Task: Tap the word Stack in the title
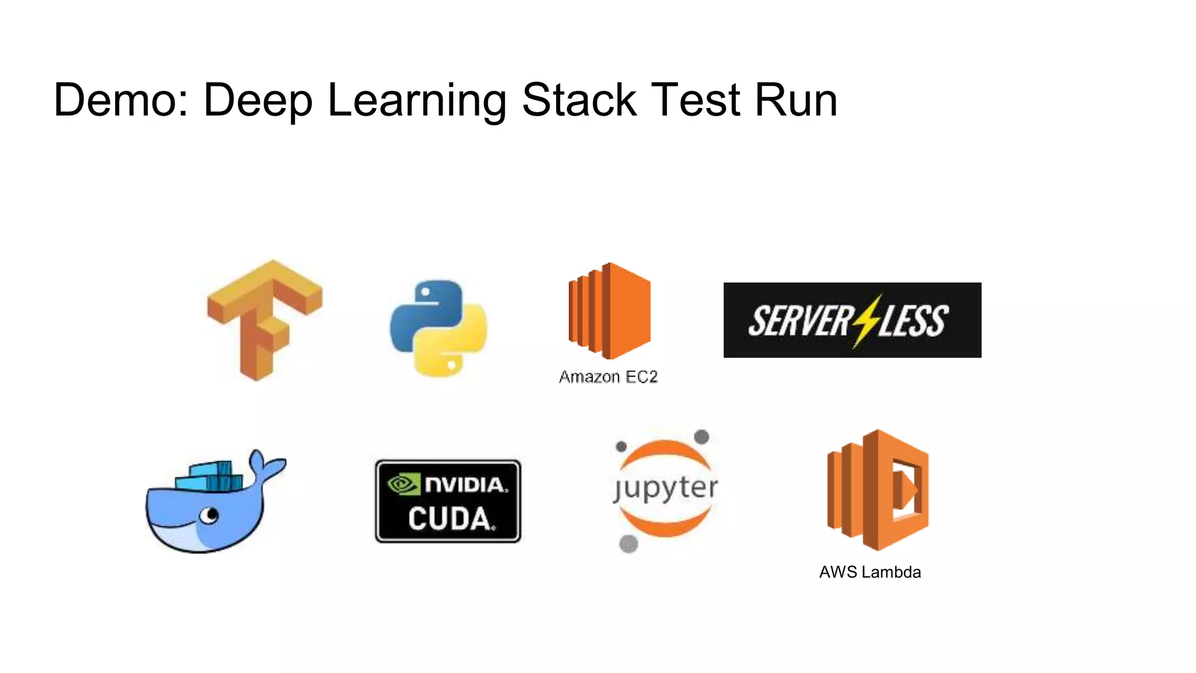[579, 100]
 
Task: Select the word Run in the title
[796, 100]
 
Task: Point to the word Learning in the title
[417, 100]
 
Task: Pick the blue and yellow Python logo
[439, 328]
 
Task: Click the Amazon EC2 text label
[608, 377]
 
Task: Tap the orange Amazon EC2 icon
[609, 310]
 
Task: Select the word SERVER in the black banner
[800, 321]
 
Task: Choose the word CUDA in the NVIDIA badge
[450, 518]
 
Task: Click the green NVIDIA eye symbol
[404, 484]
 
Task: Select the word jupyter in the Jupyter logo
[665, 488]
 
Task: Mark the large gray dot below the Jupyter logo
[628, 544]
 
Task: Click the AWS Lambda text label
[870, 572]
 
